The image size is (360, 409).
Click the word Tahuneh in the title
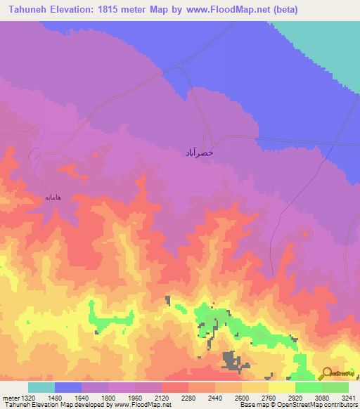[27, 10]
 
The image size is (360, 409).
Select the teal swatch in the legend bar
[41, 387]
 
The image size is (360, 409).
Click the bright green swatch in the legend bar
[308, 387]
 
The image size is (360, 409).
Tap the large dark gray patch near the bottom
[231, 360]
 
